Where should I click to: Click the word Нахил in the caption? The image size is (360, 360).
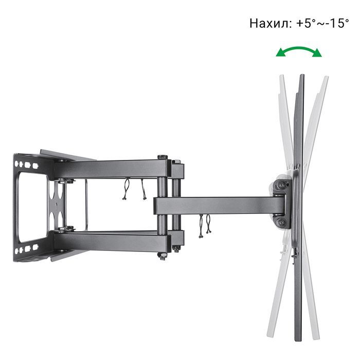coord(269,24)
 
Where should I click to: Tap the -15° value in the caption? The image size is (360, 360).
coord(336,24)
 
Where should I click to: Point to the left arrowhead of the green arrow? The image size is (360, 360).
coord(281,52)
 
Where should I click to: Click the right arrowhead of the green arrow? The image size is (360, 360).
coord(317,53)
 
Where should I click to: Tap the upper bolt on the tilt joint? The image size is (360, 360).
coord(281,185)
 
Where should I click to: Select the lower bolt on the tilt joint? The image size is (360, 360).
coord(281,222)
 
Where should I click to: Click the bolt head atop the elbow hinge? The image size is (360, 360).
coord(163,157)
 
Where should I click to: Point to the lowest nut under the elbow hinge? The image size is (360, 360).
coord(163,257)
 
